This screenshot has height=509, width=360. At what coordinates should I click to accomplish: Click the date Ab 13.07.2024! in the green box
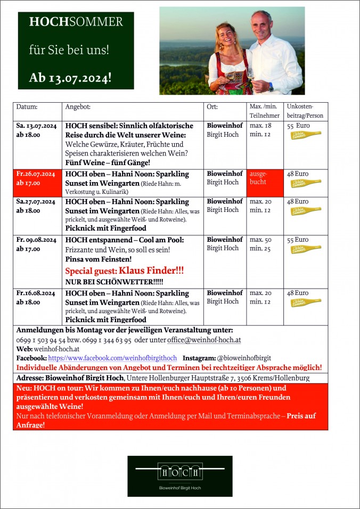[70, 78]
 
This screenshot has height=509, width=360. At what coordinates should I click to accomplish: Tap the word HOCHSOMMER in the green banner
[76, 22]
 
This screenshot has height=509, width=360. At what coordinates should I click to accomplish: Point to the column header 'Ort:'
[211, 107]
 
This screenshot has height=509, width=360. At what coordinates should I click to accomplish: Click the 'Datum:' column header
[27, 107]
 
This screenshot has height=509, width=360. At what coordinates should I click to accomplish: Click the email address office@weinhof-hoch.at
[197, 340]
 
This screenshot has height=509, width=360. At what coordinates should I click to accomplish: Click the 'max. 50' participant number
[260, 240]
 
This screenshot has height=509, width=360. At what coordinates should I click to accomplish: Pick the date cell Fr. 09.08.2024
[36, 240]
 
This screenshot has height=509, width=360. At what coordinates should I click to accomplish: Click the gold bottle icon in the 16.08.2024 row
[306, 302]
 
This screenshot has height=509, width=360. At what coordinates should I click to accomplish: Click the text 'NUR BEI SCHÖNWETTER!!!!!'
[114, 282]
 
